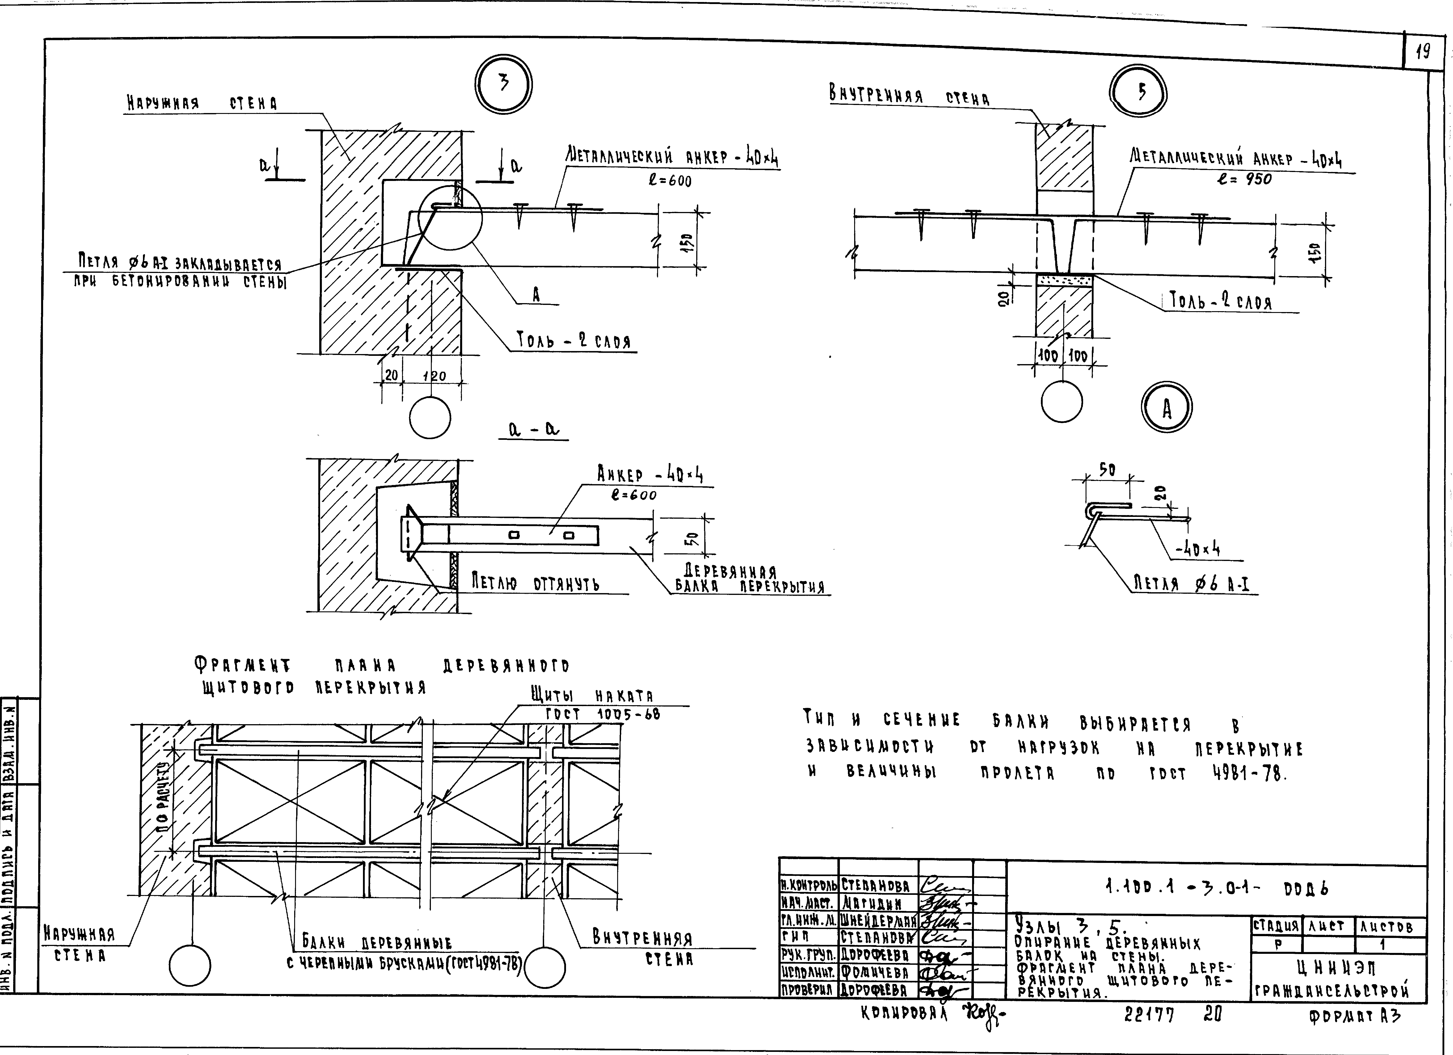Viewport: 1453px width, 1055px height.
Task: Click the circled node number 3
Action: pos(503,85)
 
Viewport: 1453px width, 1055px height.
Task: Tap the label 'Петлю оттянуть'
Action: pos(536,583)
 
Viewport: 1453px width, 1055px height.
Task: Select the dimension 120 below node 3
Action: pos(434,376)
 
